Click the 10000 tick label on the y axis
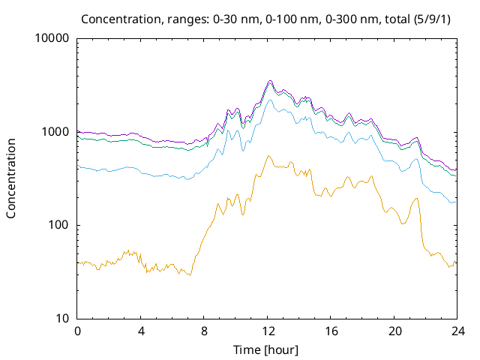(x=52, y=39)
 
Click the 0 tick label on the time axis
(x=77, y=331)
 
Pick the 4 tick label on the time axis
(x=140, y=331)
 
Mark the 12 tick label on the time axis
(x=267, y=331)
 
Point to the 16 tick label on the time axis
(x=330, y=331)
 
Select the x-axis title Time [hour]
(x=267, y=349)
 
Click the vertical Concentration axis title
(x=11, y=178)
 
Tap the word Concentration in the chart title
(x=115, y=18)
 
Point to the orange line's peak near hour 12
(x=268, y=156)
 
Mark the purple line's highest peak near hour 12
(x=271, y=81)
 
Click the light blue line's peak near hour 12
(x=271, y=100)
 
